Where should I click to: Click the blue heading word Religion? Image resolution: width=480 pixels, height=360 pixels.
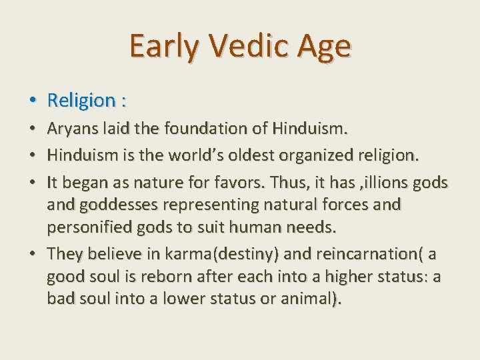81,101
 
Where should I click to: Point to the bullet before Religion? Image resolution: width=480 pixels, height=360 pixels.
33,101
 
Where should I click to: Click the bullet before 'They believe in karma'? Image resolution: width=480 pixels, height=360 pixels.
33,253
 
